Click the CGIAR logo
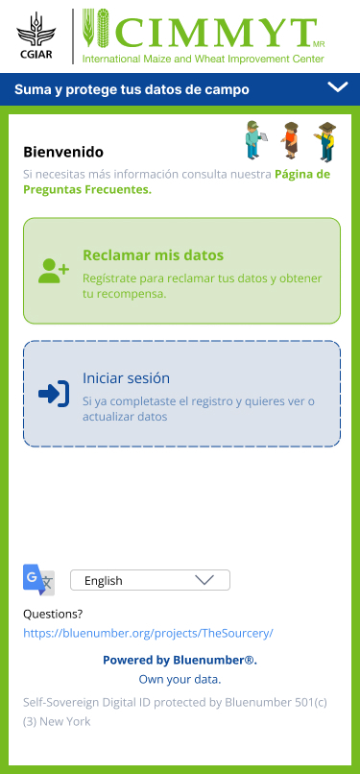(35, 36)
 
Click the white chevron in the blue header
(338, 87)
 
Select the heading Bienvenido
(63, 152)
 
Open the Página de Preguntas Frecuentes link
(177, 182)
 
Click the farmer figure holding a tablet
(255, 139)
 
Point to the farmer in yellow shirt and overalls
(325, 141)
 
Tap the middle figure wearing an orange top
(291, 140)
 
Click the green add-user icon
(54, 271)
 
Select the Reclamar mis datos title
(154, 255)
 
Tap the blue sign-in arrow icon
(54, 394)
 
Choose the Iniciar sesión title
(127, 378)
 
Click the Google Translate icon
(39, 579)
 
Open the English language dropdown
(151, 580)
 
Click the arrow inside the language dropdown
(204, 580)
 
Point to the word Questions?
(53, 615)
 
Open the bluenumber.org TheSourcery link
(148, 634)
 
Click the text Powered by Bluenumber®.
(180, 660)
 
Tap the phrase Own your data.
(180, 679)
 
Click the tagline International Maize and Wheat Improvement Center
(204, 60)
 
